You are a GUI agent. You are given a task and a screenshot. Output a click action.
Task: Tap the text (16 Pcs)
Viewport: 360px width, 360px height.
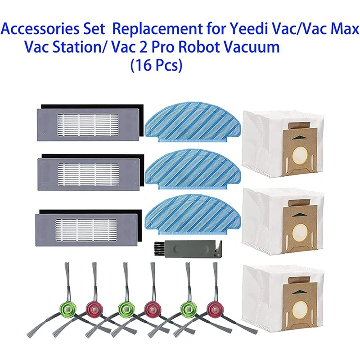(x=156, y=65)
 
